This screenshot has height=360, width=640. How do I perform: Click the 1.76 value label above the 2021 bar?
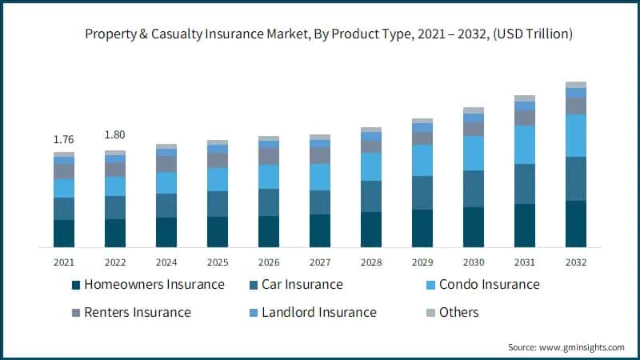coord(64,139)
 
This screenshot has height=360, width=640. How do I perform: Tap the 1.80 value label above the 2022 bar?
coord(114,134)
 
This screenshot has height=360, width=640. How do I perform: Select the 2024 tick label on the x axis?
coord(166,262)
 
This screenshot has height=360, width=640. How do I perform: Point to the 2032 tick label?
coord(576,262)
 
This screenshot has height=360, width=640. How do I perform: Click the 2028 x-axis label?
coord(371,262)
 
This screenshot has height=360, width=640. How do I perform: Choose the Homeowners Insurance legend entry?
coord(148,285)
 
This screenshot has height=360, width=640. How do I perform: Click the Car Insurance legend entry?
coord(296,285)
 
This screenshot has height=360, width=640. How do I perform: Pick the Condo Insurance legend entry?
coord(483,285)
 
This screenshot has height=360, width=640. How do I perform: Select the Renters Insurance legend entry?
coord(131,313)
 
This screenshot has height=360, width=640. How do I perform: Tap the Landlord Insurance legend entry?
coord(313,313)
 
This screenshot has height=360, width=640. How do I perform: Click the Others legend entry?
coord(453,313)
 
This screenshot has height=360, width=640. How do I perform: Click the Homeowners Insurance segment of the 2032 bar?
coord(576,224)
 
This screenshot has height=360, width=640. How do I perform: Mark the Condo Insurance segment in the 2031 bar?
coord(525,145)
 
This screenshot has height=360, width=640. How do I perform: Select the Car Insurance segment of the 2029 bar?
coord(422,193)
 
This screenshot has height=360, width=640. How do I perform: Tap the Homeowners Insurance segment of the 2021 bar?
coord(64,234)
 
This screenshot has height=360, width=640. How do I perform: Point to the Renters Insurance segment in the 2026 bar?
coord(269,156)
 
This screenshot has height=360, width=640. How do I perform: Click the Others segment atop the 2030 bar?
coord(474,110)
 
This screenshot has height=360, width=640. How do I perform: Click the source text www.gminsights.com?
coord(582,347)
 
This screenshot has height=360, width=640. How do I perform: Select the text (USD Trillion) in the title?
coord(533,34)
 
